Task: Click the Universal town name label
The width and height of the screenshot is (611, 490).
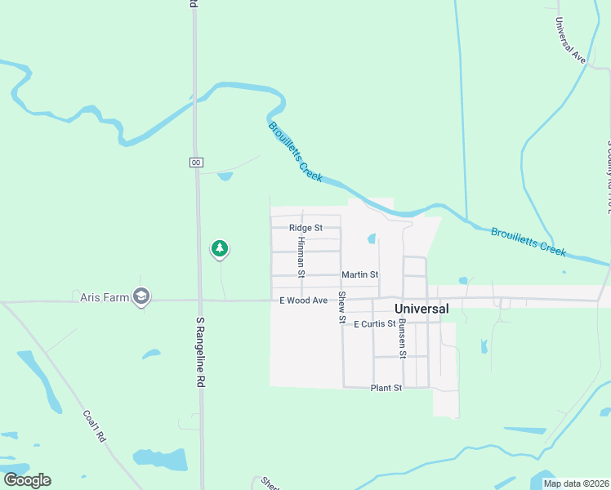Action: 421,310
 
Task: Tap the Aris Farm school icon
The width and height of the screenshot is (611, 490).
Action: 142,296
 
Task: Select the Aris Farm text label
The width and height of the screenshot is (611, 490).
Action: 105,297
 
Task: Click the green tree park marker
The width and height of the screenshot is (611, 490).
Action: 219,248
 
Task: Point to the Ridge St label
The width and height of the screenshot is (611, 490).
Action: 306,228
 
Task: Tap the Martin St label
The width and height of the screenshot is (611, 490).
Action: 359,274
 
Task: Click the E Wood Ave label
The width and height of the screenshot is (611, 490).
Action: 303,301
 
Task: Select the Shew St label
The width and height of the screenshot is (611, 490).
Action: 342,307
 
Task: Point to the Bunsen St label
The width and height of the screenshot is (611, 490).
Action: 402,339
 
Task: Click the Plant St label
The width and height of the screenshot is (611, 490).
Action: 386,388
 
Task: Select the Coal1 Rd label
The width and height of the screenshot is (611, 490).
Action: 94,425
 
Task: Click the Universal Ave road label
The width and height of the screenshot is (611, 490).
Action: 570,41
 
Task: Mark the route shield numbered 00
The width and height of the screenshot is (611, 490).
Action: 196,163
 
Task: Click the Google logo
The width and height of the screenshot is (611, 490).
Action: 27,480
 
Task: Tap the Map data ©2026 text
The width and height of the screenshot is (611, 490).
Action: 576,483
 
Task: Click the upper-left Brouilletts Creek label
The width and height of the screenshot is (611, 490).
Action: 296,151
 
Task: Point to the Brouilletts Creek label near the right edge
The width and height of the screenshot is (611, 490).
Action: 528,243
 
